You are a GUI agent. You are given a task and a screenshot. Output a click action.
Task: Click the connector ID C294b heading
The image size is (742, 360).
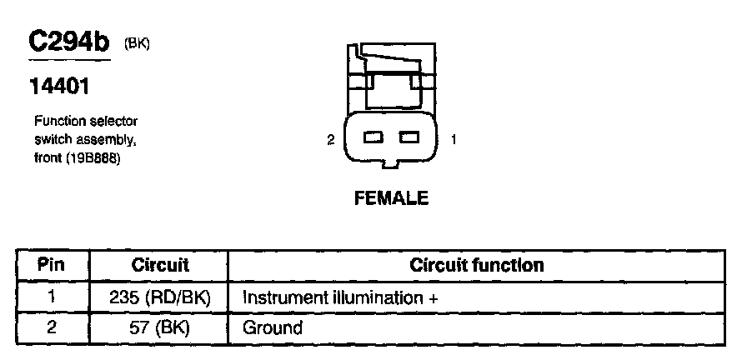click(x=69, y=43)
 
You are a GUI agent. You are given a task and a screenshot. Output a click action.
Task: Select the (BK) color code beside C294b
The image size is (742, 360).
click(x=137, y=43)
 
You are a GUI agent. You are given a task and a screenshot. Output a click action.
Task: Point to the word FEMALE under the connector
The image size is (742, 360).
click(x=391, y=198)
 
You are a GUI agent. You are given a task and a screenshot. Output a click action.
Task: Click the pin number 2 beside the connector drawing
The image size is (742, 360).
click(x=330, y=140)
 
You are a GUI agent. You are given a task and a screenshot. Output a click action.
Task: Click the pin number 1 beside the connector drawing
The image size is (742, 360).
click(x=453, y=140)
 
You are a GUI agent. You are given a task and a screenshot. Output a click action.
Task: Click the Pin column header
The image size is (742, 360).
click(x=52, y=266)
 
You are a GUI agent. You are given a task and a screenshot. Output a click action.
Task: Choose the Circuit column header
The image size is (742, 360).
click(x=160, y=266)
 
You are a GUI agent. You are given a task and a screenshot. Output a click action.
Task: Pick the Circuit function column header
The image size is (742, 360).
click(x=477, y=266)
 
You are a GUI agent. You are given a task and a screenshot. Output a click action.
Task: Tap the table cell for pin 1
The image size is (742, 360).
click(x=52, y=297)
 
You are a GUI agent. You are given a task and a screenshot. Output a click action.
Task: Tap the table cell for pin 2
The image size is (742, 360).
click(x=52, y=327)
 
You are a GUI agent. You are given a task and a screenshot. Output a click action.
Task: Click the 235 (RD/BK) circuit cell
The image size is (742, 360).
click(x=160, y=297)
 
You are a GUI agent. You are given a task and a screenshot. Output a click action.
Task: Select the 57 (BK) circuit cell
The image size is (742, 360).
click(x=160, y=327)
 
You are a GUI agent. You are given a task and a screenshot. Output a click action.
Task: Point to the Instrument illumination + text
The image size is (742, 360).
click(x=340, y=297)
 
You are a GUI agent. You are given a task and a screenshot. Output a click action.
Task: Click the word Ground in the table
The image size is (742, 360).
click(x=272, y=327)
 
